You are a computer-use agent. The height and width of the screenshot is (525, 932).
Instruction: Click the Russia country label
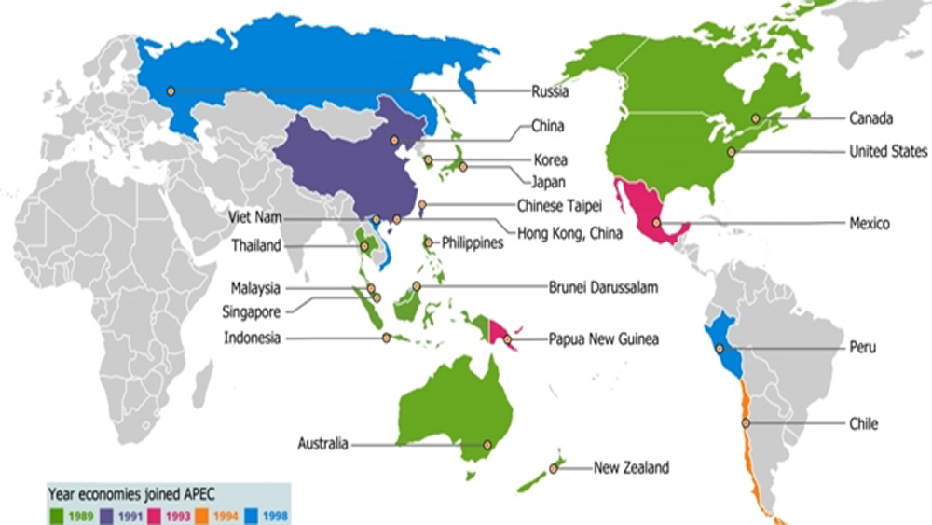coord(550,91)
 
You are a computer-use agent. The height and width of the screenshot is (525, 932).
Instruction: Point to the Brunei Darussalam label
coord(604,288)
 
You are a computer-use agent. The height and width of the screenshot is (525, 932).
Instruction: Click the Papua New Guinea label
coord(603,339)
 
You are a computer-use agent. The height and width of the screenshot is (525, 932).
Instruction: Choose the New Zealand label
coord(631,468)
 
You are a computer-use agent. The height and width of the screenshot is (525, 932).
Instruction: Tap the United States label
coord(888,151)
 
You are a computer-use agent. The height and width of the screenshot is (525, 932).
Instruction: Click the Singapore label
coord(251,311)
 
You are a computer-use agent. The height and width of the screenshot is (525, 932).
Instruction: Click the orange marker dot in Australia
coord(487,445)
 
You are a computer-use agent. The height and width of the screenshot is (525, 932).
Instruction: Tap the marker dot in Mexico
coord(657,223)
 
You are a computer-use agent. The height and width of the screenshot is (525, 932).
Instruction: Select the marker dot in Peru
coord(719,348)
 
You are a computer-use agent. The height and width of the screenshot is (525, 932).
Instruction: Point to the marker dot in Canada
coord(756,118)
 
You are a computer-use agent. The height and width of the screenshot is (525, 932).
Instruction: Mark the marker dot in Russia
coord(171,90)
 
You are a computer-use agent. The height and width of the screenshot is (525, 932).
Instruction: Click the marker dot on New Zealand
coord(553,469)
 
